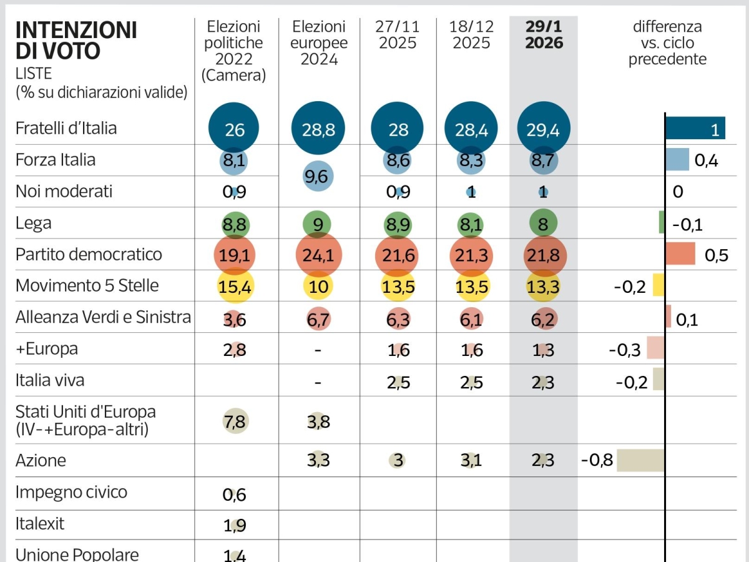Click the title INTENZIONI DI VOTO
(76, 41)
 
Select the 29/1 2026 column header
(543, 35)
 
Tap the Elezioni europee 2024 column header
(318, 43)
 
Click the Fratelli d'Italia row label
(66, 129)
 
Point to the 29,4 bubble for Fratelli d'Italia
(543, 129)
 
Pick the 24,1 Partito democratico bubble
(318, 255)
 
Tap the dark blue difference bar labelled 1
(695, 129)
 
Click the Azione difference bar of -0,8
(640, 461)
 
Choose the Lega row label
(34, 223)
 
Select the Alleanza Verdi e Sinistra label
(103, 317)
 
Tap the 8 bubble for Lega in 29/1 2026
(543, 224)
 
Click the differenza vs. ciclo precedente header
(667, 43)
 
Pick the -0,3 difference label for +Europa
(624, 350)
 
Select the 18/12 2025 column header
(472, 35)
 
